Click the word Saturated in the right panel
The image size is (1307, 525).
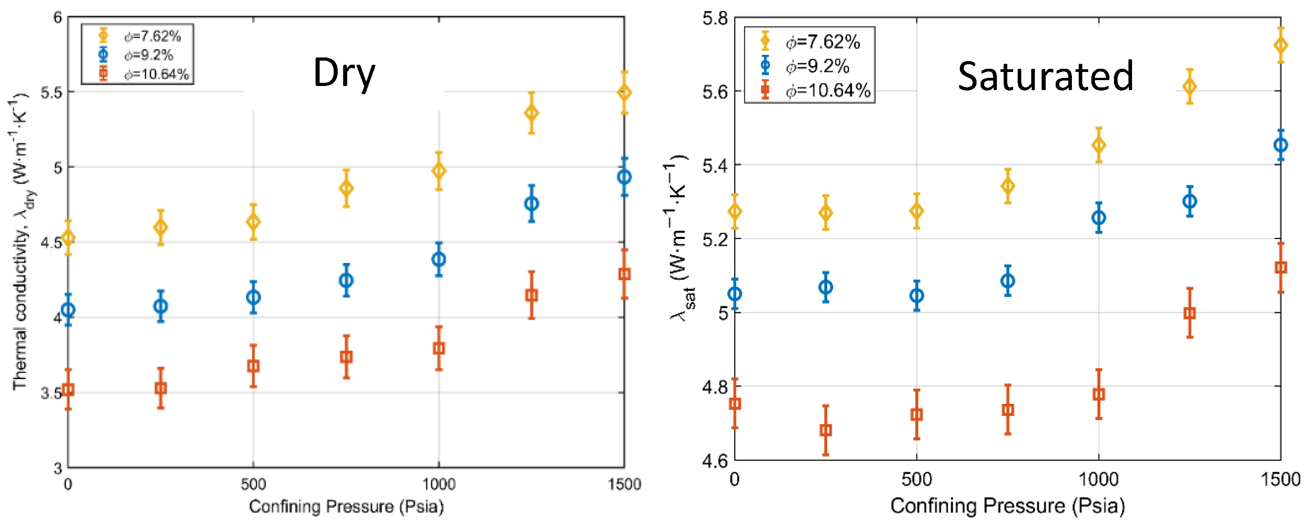1045,76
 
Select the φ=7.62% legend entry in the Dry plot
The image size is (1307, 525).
152,36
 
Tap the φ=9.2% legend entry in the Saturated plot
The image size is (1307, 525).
817,67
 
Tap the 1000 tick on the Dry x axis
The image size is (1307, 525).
439,484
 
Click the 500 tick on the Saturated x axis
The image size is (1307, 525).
916,479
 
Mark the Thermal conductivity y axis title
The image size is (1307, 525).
19,241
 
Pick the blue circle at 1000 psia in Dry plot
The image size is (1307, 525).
439,259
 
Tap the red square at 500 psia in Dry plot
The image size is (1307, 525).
253,366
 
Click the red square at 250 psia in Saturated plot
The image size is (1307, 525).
826,430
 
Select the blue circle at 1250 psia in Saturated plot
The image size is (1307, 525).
1189,201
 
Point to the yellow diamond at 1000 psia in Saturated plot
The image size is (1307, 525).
1099,146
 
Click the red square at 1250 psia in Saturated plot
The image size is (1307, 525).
1189,313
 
